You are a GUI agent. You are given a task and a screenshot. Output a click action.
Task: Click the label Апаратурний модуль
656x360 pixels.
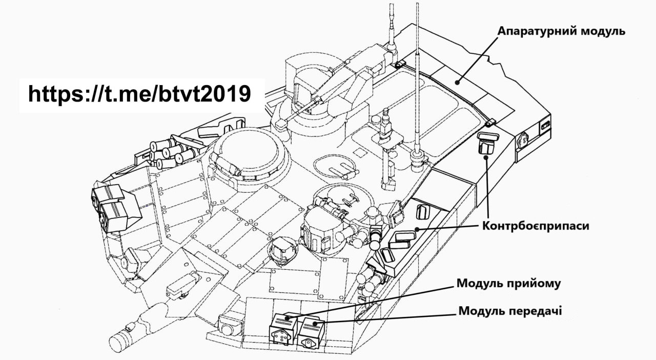pos(561,31)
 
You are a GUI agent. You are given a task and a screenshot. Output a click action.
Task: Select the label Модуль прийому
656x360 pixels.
pos(508,284)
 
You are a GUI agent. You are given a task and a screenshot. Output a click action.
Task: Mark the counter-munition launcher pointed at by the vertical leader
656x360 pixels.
pos(485,143)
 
